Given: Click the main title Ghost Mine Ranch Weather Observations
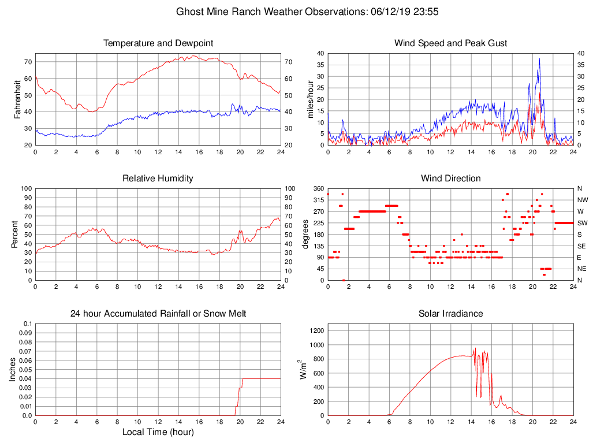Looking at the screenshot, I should [296, 12].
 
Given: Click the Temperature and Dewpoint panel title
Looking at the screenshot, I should [158, 43].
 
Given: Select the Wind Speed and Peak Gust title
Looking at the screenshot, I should [450, 43].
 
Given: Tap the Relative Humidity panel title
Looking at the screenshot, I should [158, 179].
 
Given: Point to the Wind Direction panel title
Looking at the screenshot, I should [450, 179].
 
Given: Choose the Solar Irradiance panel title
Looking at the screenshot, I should [450, 314].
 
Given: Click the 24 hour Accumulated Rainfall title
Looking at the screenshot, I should [158, 314].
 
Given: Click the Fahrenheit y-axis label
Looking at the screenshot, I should [17, 99].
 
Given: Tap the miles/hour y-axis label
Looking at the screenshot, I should [310, 99].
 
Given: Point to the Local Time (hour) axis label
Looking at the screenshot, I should [158, 432].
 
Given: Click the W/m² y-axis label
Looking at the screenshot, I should [303, 369].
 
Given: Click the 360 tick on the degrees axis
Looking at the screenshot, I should [318, 188].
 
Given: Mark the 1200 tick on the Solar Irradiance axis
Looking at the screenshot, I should [316, 331].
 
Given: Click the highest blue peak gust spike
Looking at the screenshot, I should [539, 58].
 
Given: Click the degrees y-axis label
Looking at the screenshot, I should [304, 234].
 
